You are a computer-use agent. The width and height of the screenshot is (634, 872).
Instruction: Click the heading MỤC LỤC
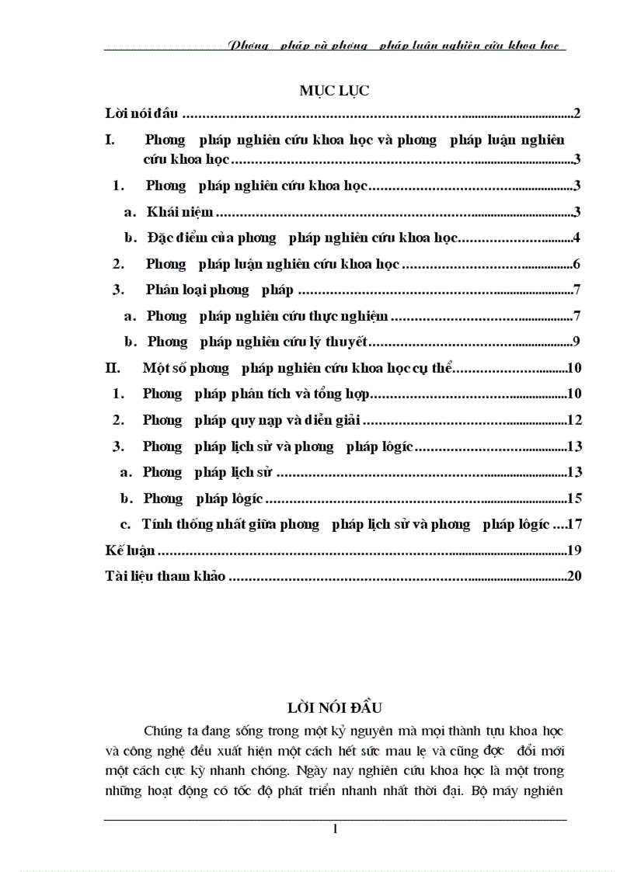[x=334, y=91]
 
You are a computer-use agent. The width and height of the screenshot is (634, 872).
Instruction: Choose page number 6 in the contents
[x=578, y=264]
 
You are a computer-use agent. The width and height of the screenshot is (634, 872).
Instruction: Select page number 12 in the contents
[x=575, y=420]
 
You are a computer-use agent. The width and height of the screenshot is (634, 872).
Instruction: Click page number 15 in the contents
[x=575, y=499]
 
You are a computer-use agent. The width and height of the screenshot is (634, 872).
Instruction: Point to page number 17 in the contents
[x=575, y=524]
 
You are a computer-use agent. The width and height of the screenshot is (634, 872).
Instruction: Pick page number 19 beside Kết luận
[x=575, y=551]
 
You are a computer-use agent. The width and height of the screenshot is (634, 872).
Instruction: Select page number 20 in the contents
[x=575, y=576]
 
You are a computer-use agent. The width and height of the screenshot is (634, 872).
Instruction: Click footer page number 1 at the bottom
[x=335, y=830]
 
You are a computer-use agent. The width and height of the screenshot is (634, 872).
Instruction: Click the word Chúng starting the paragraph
[x=162, y=731]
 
